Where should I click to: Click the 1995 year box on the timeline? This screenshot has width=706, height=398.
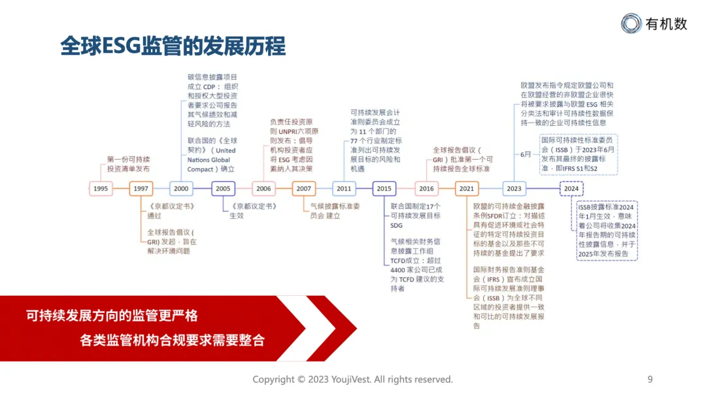pyautogui.click(x=101, y=189)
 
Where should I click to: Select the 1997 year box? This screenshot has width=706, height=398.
pyautogui.click(x=141, y=189)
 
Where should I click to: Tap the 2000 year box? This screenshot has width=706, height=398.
pyautogui.click(x=181, y=189)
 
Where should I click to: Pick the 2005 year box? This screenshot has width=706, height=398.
pyautogui.click(x=223, y=189)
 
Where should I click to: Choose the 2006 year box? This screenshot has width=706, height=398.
pyautogui.click(x=263, y=189)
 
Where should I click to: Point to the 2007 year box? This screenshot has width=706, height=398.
pyautogui.click(x=304, y=189)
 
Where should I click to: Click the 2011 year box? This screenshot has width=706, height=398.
pyautogui.click(x=344, y=189)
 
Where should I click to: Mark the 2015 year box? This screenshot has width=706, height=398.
pyautogui.click(x=384, y=189)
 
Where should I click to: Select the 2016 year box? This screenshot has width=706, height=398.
pyautogui.click(x=426, y=189)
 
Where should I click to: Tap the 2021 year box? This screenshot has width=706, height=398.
pyautogui.click(x=467, y=189)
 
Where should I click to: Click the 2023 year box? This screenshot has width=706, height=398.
pyautogui.click(x=514, y=189)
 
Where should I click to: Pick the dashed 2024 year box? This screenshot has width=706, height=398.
pyautogui.click(x=571, y=189)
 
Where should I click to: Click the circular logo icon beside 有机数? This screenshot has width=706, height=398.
pyautogui.click(x=631, y=24)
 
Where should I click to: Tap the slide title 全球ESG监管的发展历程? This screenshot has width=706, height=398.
pyautogui.click(x=173, y=47)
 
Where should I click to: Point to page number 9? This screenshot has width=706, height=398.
pyautogui.click(x=650, y=379)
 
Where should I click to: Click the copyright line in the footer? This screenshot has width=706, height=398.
pyautogui.click(x=352, y=379)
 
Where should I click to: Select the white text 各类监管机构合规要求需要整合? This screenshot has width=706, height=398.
pyautogui.click(x=172, y=340)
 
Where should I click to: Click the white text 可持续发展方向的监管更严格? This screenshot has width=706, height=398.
pyautogui.click(x=112, y=316)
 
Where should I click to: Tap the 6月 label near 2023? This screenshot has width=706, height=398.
pyautogui.click(x=526, y=154)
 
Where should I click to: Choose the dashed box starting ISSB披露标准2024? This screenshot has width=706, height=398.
pyautogui.click(x=607, y=230)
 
